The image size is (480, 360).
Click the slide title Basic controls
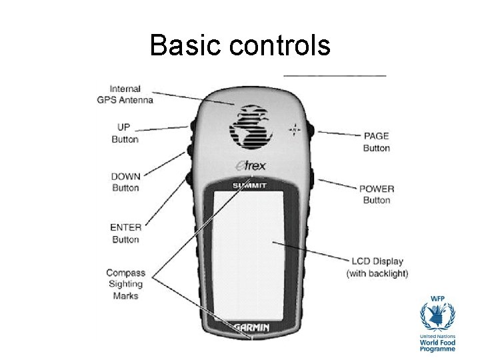click(240, 45)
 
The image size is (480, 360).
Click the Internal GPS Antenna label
click(125, 95)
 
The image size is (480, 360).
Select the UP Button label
click(125, 133)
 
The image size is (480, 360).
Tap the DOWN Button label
click(125, 182)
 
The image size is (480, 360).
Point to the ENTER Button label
click(125, 233)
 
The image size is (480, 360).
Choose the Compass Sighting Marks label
click(125, 284)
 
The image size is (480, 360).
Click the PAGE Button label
click(377, 142)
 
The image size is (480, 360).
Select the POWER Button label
click(377, 194)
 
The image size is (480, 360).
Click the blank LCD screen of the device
click(250, 253)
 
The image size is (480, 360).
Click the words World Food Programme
click(438, 344)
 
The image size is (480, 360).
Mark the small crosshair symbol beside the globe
click(295, 128)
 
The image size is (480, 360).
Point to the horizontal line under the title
click(335, 75)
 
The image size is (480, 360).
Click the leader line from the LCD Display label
click(313, 253)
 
